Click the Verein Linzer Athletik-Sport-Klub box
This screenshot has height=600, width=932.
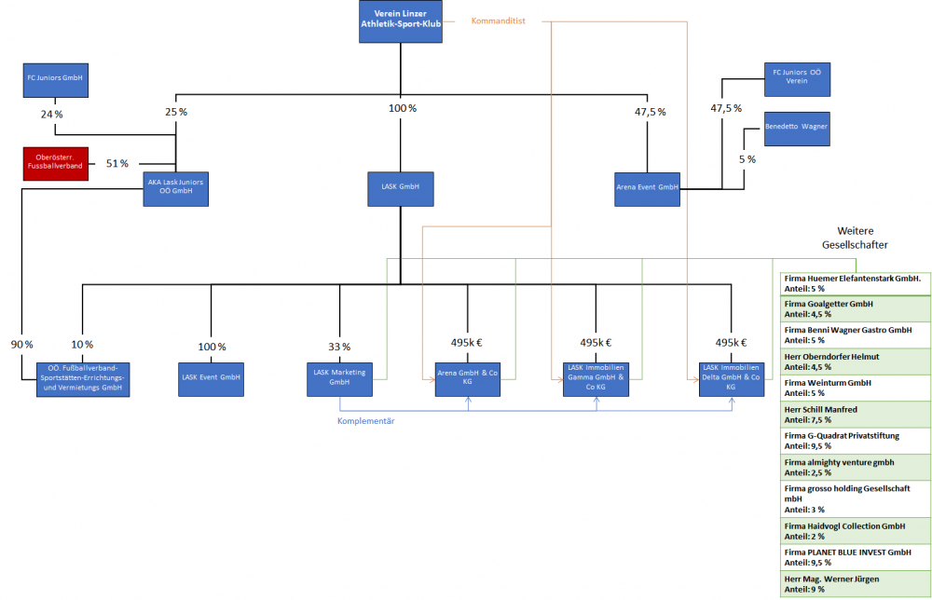(401, 21)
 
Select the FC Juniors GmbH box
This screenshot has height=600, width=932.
(55, 80)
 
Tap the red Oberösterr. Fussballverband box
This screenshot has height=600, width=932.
(55, 164)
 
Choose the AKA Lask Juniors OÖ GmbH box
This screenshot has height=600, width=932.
(175, 189)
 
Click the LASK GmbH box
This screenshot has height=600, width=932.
(401, 188)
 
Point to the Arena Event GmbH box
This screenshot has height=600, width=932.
(647, 188)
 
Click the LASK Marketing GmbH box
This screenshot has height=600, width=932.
(339, 378)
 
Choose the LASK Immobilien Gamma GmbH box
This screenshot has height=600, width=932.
(596, 378)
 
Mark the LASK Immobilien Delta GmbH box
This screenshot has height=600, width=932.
(731, 378)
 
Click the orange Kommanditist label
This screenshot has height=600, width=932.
(499, 20)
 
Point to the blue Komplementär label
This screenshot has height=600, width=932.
(365, 421)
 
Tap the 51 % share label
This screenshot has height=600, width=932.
(117, 164)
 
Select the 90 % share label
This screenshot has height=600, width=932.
(23, 346)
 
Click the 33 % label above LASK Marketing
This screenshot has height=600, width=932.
(339, 347)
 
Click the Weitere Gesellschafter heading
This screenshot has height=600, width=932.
(855, 238)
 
